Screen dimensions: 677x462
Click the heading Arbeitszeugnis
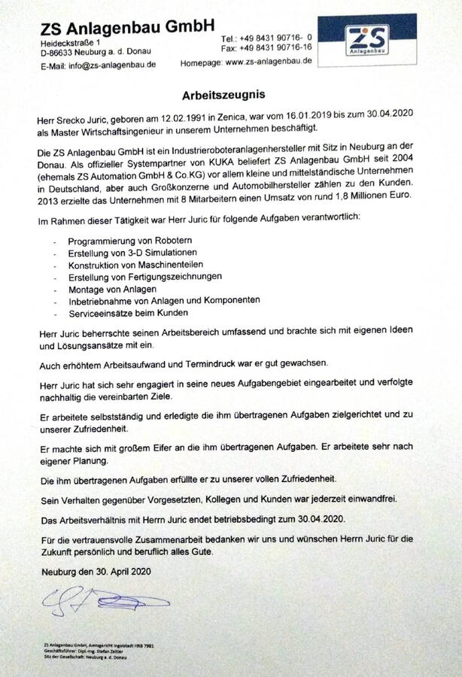click(x=225, y=97)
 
